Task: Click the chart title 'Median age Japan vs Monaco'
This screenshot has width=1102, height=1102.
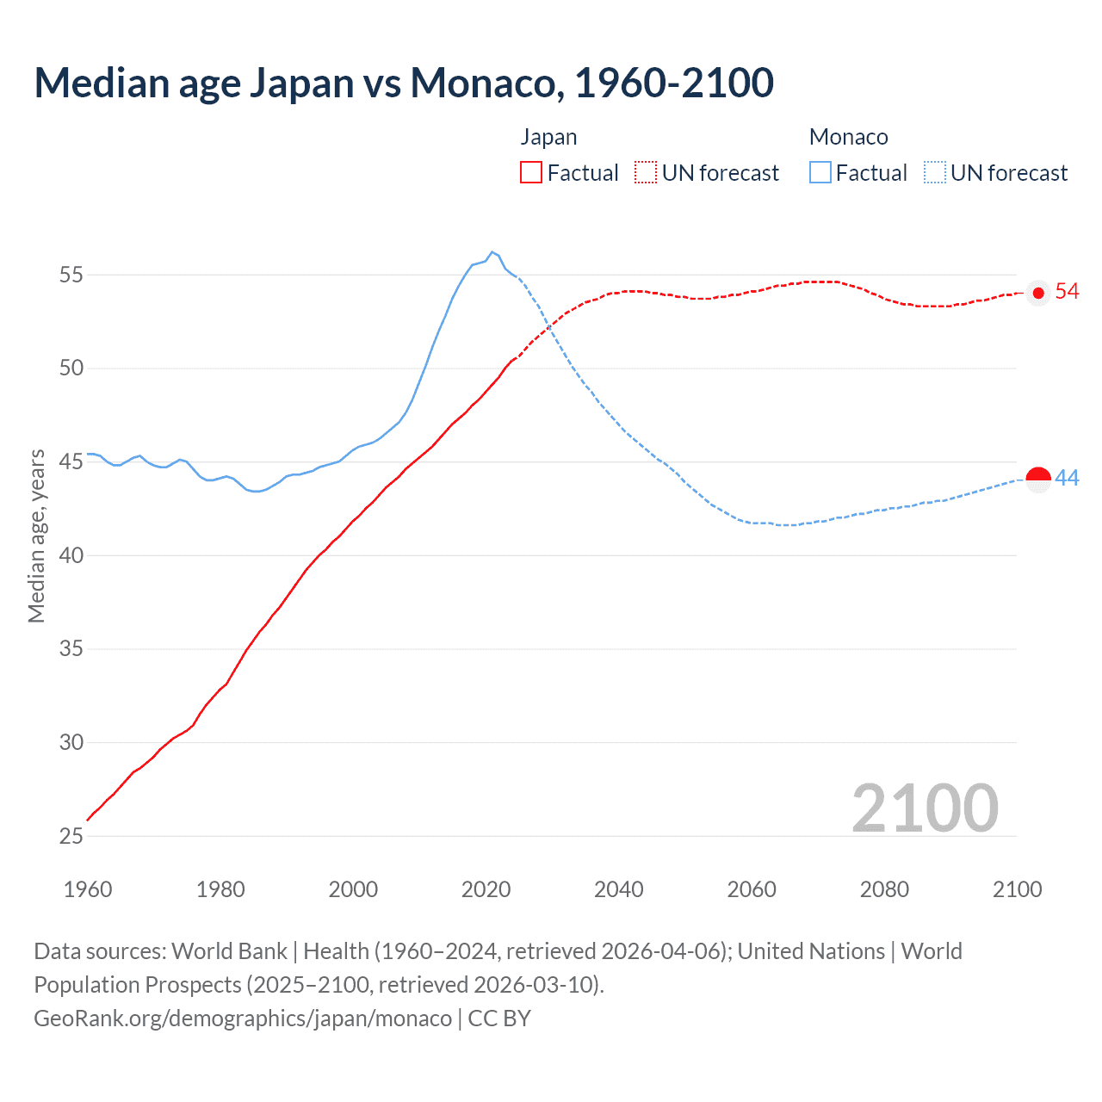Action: click(403, 83)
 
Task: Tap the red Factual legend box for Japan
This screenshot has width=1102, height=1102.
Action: click(531, 173)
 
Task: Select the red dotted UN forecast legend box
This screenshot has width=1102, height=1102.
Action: click(646, 173)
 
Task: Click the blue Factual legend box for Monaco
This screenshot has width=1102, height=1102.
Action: click(820, 173)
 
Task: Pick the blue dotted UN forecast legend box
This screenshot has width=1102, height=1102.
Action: click(935, 173)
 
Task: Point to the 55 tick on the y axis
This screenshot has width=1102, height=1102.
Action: click(71, 275)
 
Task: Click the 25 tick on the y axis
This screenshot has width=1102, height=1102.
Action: click(71, 836)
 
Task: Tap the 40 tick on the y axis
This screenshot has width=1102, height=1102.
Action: click(71, 555)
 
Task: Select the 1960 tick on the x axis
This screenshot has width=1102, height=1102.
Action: click(88, 889)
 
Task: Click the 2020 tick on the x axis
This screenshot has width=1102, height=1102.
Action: click(486, 889)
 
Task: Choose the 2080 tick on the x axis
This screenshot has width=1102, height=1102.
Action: click(884, 889)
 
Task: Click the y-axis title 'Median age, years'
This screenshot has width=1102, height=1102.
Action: click(36, 536)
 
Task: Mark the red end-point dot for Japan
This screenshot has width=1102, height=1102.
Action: click(1038, 293)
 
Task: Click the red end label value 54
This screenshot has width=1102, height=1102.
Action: click(1067, 292)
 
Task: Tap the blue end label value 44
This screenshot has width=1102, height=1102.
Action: click(1067, 479)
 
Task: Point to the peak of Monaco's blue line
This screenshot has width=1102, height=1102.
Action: click(492, 252)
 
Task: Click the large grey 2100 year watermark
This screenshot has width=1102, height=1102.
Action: click(925, 808)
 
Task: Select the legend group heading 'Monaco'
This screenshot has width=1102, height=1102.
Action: click(848, 137)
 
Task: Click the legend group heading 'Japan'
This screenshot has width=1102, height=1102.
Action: click(548, 137)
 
